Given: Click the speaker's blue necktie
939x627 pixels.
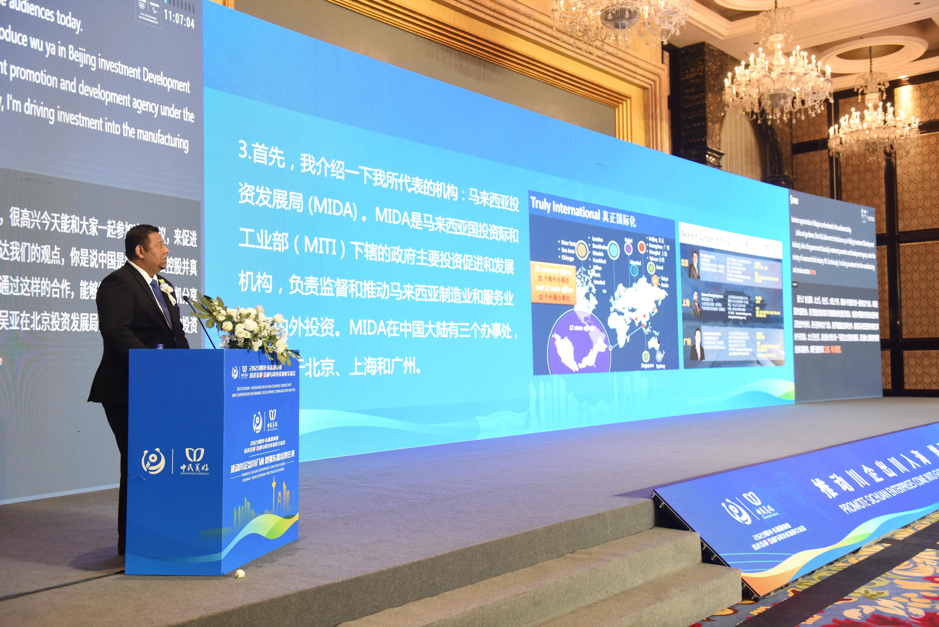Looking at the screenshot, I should click(x=162, y=302).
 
